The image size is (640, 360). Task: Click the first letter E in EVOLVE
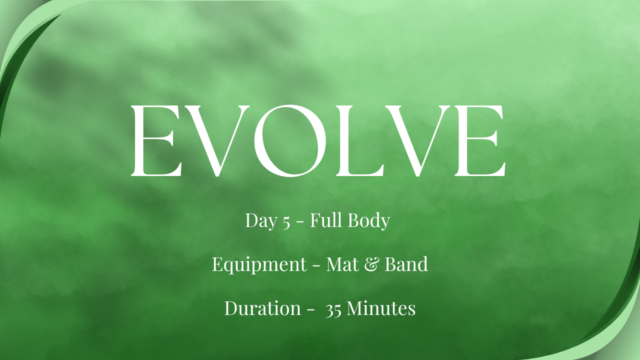coord(156,140)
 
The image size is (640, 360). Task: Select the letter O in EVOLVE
coord(290,140)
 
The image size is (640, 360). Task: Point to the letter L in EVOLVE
coord(359,140)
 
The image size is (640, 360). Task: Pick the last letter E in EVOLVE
coord(480,140)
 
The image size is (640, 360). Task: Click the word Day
coord(261,221)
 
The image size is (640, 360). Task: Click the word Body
coord(369,220)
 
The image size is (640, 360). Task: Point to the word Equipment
coord(259,265)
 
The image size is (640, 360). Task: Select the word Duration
coord(262,308)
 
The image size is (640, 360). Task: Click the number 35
coord(333,310)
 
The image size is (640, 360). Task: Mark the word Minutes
coord(381,308)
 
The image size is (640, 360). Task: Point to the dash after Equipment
coord(316,265)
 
